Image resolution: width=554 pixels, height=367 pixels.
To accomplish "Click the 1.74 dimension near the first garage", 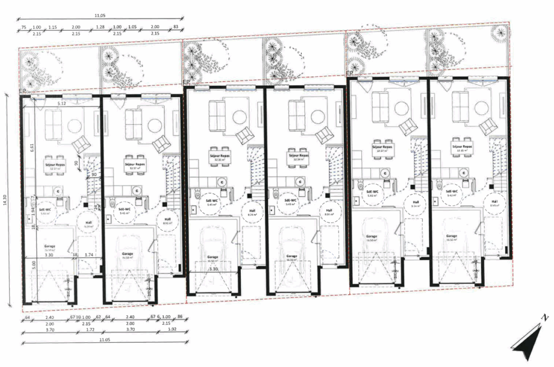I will (90, 254).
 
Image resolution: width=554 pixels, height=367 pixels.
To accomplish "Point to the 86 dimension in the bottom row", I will (180, 317).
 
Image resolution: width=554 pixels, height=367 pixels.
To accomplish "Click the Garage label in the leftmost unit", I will (50, 246).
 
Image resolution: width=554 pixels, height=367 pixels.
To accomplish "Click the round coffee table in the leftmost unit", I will (74, 126).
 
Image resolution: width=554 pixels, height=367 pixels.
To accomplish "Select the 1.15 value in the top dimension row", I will (52, 28).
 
